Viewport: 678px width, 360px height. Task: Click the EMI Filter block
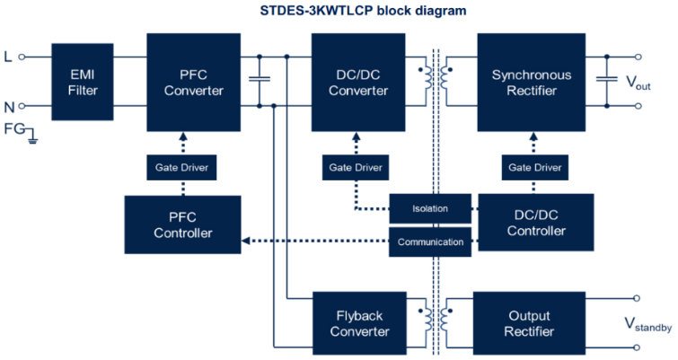point(83,82)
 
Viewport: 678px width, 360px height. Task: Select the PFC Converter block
point(194,82)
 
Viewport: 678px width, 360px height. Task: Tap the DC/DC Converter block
point(358,82)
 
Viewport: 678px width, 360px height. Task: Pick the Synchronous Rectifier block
point(532,82)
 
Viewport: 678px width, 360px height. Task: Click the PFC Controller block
point(183,224)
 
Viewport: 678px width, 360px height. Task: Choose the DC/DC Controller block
point(536,223)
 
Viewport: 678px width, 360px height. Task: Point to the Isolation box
point(430,208)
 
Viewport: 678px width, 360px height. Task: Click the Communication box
point(430,242)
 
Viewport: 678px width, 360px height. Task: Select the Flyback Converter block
point(360,323)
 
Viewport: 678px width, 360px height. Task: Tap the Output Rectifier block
point(529,323)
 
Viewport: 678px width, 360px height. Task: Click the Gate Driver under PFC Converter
point(181,168)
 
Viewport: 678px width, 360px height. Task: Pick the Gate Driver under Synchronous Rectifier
point(535,168)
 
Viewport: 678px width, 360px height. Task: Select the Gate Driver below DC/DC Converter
point(356,168)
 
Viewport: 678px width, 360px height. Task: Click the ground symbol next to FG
point(32,138)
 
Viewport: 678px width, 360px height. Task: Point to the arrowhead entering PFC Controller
point(245,241)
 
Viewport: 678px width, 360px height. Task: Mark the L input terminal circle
point(22,57)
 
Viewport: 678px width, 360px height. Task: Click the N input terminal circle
point(22,106)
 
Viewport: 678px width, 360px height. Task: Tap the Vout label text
point(638,82)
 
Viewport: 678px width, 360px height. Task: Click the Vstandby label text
point(648,324)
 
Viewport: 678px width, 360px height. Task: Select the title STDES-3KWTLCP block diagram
point(363,11)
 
